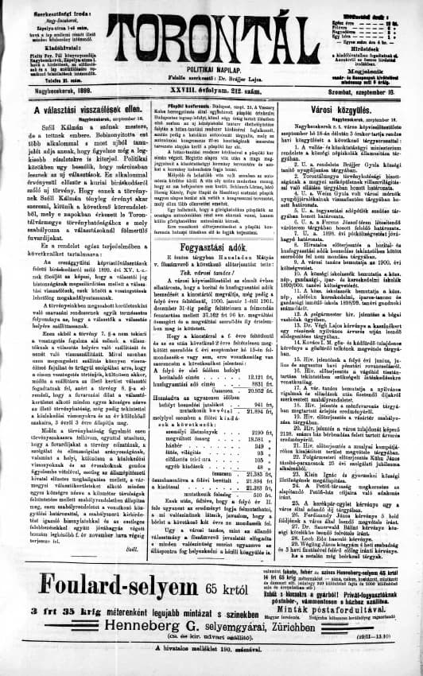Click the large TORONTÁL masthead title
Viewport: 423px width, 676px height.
tap(211, 33)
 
